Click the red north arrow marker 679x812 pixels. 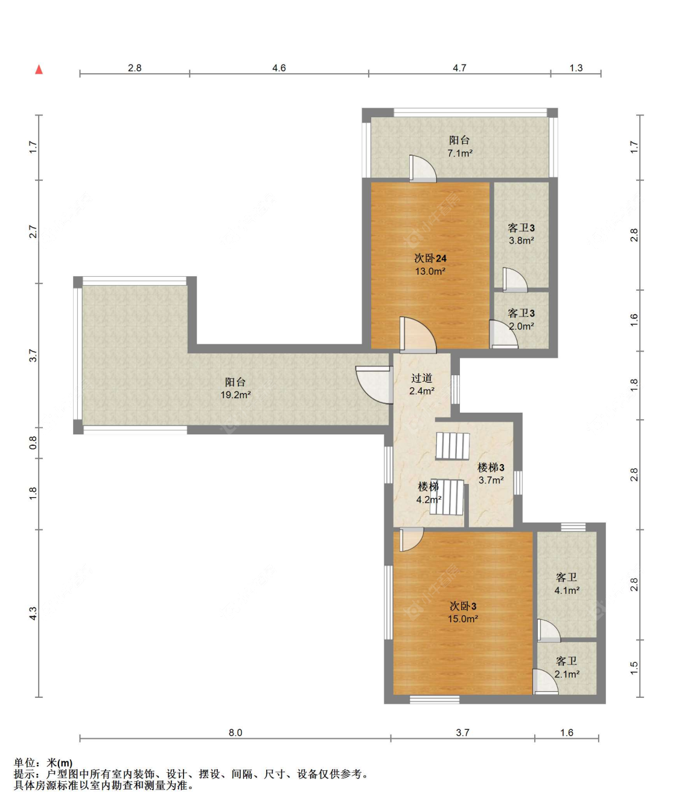(39, 69)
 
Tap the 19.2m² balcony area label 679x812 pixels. (235, 388)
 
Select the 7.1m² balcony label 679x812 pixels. (459, 146)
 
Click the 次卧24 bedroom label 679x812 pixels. (430, 265)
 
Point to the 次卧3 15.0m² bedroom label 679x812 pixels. (463, 612)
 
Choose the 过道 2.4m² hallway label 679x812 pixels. (421, 384)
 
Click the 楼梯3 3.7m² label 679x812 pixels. (491, 473)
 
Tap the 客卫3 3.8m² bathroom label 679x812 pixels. (521, 234)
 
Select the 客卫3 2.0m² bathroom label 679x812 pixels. (521, 319)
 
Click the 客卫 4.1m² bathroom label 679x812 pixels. (567, 584)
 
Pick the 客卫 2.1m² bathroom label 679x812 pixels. (567, 668)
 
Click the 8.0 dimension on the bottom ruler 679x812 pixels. (235, 733)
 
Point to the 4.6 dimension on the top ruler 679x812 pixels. (278, 68)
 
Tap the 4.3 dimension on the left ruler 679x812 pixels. (33, 614)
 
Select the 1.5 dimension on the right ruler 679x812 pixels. (634, 668)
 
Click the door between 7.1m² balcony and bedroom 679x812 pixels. (423, 169)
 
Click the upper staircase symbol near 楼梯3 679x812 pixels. (453, 446)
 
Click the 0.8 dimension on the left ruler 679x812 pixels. (33, 443)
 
